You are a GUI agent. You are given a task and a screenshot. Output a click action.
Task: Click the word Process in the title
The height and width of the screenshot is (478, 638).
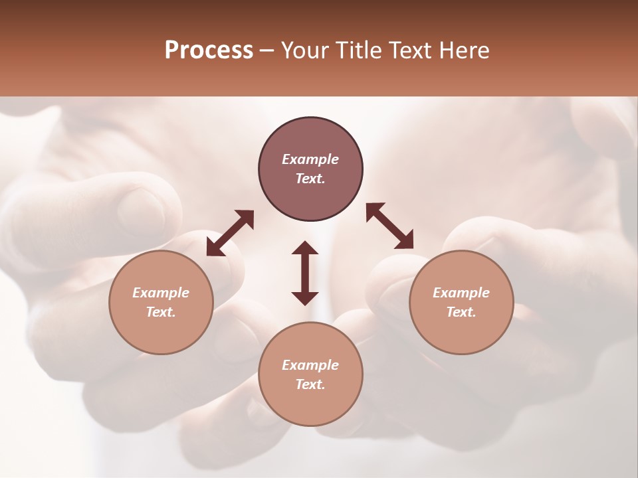(209, 50)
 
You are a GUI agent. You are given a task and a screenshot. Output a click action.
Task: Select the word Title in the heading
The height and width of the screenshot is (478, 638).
(361, 50)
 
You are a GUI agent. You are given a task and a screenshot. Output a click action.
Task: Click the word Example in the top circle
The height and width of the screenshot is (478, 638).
(310, 159)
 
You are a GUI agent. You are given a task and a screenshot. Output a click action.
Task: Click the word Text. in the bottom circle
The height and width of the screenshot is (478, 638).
(310, 384)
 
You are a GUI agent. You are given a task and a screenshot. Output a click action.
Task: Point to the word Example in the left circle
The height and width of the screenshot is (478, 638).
(161, 293)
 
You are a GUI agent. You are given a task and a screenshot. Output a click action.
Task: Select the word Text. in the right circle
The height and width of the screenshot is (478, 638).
(461, 312)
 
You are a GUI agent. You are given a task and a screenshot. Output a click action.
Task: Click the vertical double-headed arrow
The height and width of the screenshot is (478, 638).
(305, 273)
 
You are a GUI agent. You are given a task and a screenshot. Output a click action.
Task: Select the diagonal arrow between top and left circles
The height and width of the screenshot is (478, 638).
(230, 233)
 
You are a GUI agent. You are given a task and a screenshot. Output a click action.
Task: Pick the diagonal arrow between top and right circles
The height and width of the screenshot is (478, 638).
(390, 226)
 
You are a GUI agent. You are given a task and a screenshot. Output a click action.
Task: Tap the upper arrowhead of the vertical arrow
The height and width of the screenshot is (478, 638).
(305, 248)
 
